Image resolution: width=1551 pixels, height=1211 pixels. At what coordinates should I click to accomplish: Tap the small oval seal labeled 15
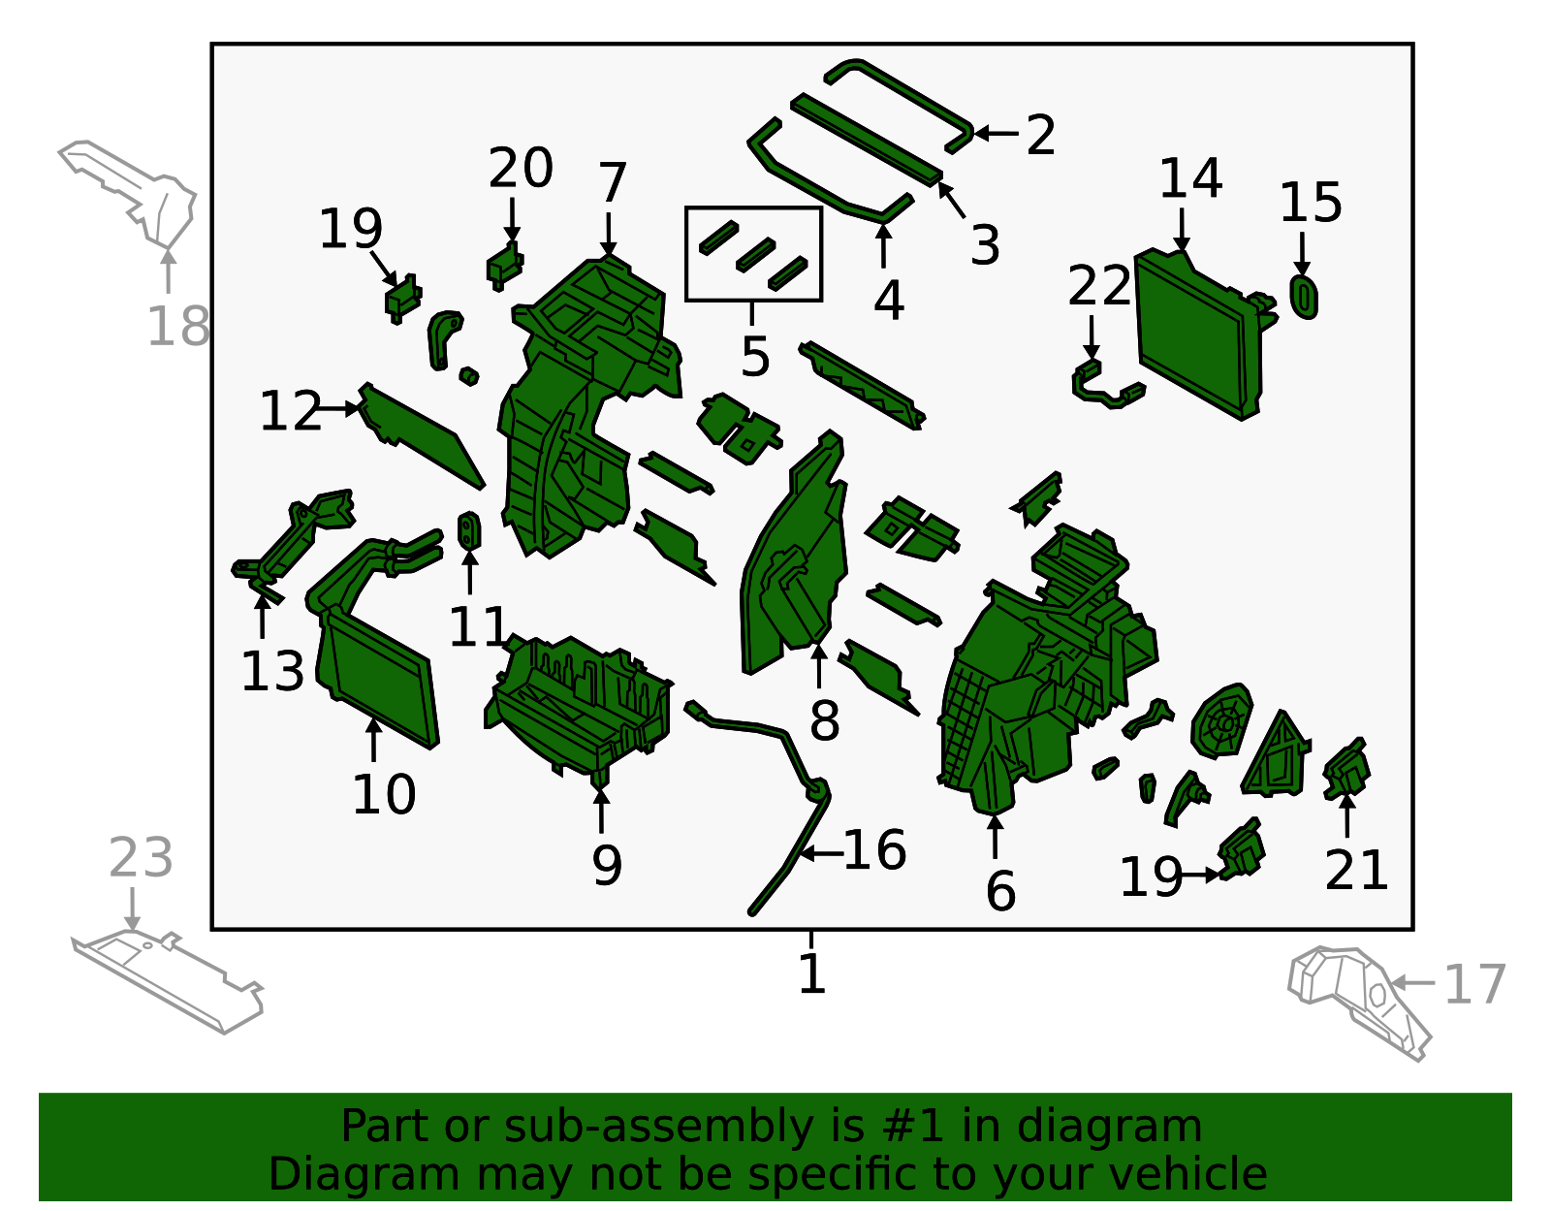1304,298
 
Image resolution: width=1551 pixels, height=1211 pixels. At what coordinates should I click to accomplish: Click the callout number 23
141,858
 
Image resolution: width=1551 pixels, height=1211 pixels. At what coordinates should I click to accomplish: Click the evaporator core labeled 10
378,677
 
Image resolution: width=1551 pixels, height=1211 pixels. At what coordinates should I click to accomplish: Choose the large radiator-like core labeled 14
1199,335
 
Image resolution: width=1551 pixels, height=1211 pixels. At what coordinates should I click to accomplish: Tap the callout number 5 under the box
755,356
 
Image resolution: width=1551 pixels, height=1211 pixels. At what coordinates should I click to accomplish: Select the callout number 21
1356,870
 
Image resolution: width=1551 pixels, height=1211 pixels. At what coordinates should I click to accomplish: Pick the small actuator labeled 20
505,267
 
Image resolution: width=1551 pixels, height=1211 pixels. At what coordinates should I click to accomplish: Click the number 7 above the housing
613,182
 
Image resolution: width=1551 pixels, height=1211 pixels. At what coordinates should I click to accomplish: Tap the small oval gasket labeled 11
469,531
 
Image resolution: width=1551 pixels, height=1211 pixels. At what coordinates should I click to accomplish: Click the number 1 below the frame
812,973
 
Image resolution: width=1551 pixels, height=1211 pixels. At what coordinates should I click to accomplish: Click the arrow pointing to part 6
995,836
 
